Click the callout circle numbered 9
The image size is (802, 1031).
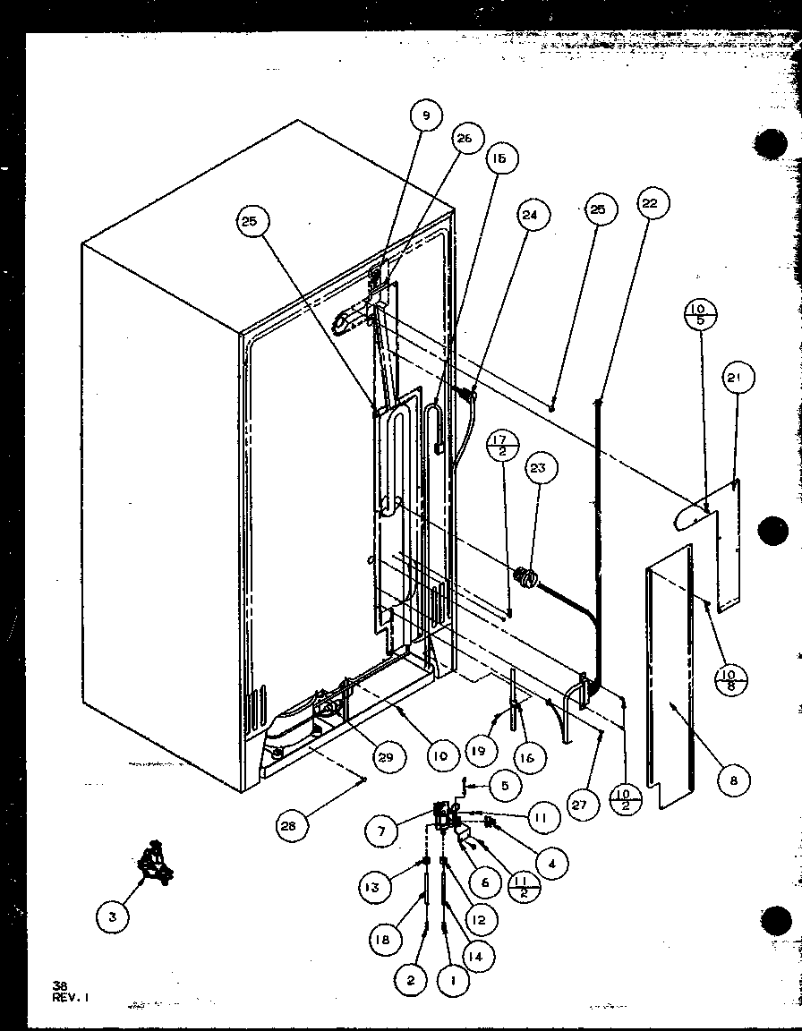click(x=426, y=115)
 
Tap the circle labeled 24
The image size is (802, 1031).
click(x=533, y=215)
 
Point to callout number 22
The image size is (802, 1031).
click(x=649, y=204)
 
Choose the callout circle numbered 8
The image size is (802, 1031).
click(x=733, y=780)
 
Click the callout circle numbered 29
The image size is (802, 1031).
click(x=384, y=758)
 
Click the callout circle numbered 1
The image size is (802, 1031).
click(x=454, y=982)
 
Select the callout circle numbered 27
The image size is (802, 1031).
click(x=579, y=805)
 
